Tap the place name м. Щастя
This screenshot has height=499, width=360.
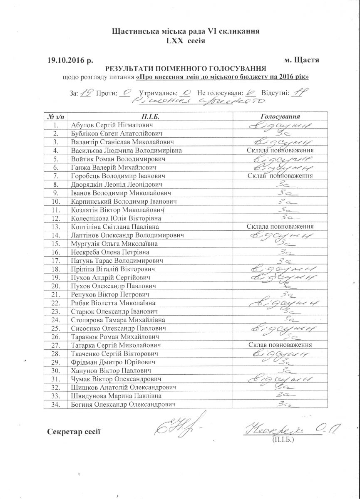pos(301,60)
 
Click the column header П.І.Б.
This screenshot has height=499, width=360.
pos(151,116)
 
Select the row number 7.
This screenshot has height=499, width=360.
pos(55,176)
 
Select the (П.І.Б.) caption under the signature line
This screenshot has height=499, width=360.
pos(283,439)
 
